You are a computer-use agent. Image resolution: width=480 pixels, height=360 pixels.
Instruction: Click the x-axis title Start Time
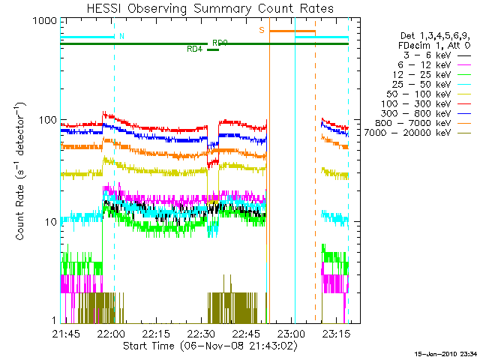coord(204,346)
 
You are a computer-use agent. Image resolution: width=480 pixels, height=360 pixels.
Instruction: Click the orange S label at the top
coord(262,30)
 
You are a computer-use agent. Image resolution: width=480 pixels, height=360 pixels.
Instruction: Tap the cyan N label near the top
coord(122,35)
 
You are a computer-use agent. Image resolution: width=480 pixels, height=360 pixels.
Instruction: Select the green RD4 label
coord(194,49)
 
